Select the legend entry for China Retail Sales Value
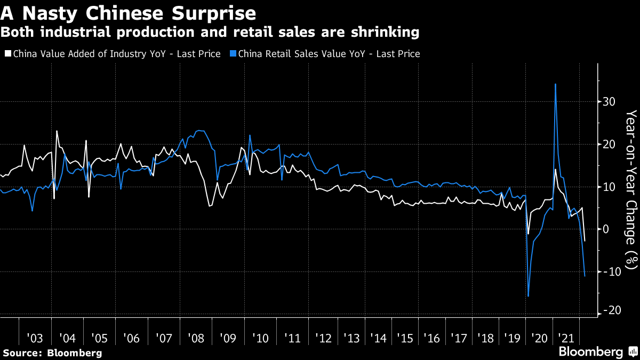(x=325, y=54)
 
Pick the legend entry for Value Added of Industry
(x=112, y=54)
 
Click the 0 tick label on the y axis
(x=606, y=229)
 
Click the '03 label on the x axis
(x=35, y=338)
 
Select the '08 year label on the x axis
(x=196, y=338)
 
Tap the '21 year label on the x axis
(x=566, y=338)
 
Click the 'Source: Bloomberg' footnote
(x=52, y=353)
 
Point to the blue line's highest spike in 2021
(x=556, y=84)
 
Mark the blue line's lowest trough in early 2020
(x=528, y=296)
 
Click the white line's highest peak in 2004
(x=57, y=131)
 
